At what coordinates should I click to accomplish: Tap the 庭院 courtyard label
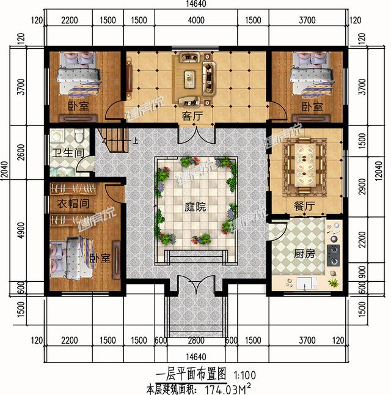195,207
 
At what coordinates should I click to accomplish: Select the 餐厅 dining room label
304,207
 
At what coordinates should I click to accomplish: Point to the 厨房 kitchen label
304,253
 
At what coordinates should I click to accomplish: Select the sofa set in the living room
195,76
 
